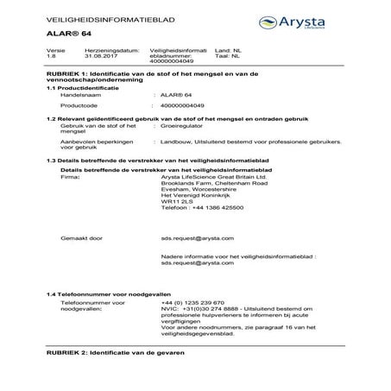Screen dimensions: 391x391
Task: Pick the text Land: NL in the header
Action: [248, 53]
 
